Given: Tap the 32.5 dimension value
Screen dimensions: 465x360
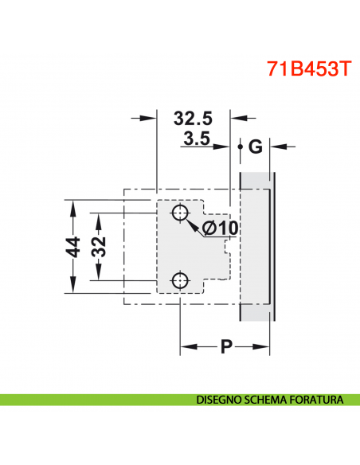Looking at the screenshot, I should pyautogui.click(x=193, y=119).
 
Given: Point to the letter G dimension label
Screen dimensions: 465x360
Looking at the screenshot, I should pyautogui.click(x=255, y=147).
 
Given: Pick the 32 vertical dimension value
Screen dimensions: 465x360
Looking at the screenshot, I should pyautogui.click(x=99, y=248).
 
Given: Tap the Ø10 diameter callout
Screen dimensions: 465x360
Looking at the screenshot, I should pyautogui.click(x=221, y=229).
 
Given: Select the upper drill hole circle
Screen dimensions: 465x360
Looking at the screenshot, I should pyautogui.click(x=180, y=213).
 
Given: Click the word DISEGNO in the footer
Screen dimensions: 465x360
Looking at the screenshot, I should pyautogui.click(x=221, y=399).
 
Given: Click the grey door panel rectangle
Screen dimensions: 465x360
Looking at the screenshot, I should pyautogui.click(x=257, y=247).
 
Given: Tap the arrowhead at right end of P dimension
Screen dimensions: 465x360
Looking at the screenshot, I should pyautogui.click(x=268, y=346).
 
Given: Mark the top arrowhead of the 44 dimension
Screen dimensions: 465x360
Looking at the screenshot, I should pyautogui.click(x=72, y=205).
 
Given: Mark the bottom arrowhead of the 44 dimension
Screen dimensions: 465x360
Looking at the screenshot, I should pyautogui.click(x=72, y=289).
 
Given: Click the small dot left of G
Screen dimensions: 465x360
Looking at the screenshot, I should pyautogui.click(x=240, y=147).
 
